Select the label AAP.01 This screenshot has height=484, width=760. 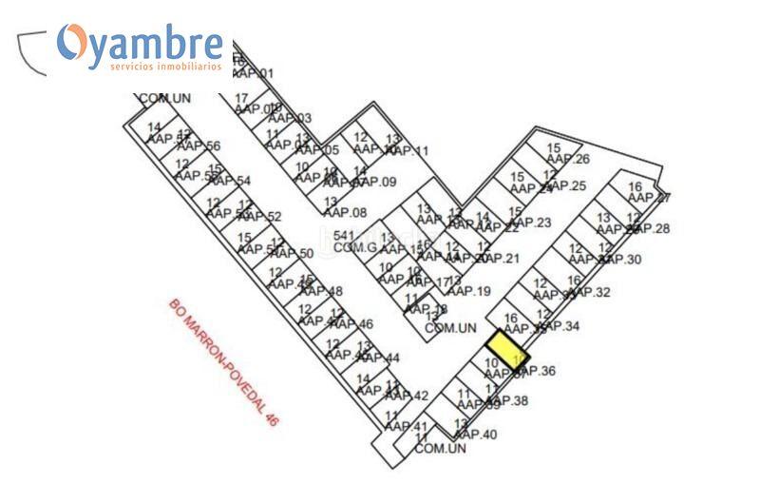(x=253, y=73)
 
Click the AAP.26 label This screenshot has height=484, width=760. (x=569, y=159)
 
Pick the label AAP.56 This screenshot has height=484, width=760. (x=199, y=146)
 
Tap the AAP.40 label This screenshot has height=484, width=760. (x=476, y=435)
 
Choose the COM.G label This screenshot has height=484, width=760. (x=355, y=247)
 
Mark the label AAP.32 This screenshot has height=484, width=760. (x=589, y=292)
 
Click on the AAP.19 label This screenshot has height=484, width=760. (x=469, y=291)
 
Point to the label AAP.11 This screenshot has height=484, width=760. (x=408, y=151)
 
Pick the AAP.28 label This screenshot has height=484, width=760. (x=650, y=228)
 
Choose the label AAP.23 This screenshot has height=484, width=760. (x=530, y=223)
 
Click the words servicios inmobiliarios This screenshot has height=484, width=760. (x=165, y=67)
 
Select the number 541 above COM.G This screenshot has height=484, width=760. (x=344, y=235)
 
